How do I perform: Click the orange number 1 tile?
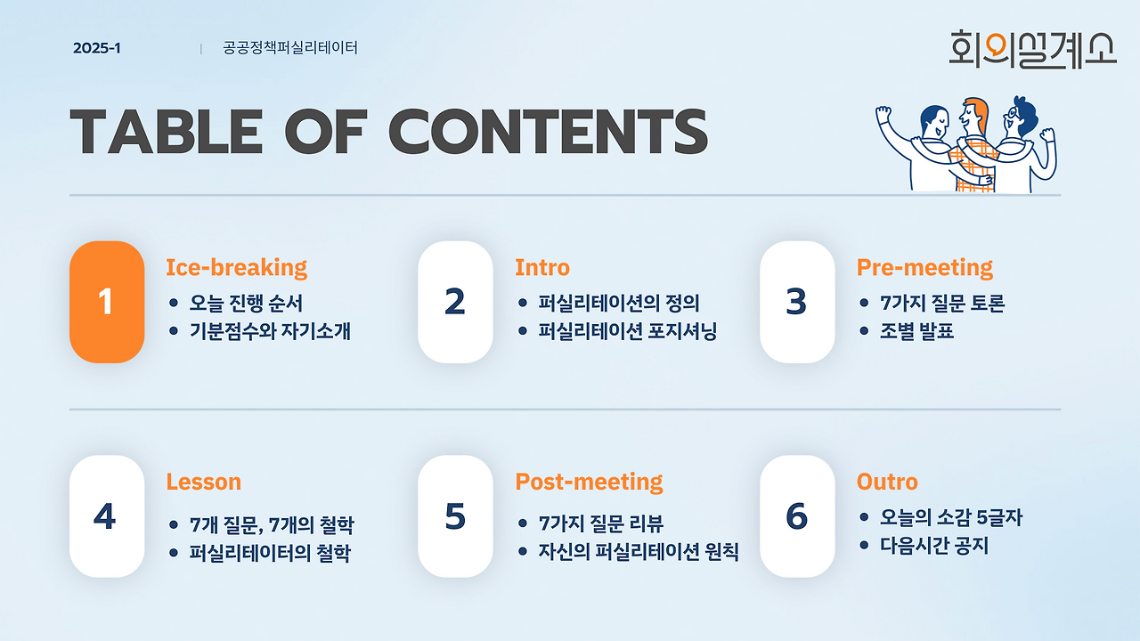coord(107,302)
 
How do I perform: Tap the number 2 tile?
coord(455,302)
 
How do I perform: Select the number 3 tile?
coord(797,302)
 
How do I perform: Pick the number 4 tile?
coord(107,515)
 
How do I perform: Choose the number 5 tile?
coord(455,515)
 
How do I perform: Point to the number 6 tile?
coord(797,515)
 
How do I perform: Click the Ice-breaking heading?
coord(237,268)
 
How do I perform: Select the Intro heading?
coord(542,268)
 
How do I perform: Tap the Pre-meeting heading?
coord(924,268)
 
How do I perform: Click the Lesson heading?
coord(204,482)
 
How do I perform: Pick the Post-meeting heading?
coord(589,483)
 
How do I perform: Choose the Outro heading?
coord(887,482)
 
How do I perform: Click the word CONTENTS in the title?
coord(548,131)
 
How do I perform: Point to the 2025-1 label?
coord(97,48)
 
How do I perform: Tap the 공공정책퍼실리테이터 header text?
coord(290,48)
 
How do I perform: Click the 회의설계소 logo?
coord(1032,49)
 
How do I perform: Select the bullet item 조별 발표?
coord(916,331)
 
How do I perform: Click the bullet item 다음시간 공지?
coord(934,546)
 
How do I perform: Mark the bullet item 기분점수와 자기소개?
coord(270,331)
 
